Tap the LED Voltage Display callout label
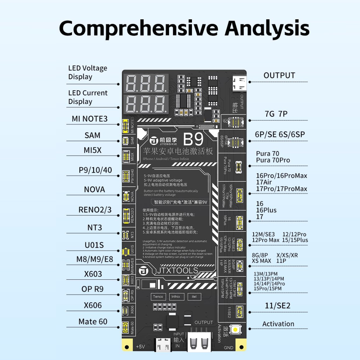click(88, 72)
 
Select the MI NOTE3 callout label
click(90, 119)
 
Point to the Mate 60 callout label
click(93, 322)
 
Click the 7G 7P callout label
click(276, 114)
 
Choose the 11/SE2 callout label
click(278, 306)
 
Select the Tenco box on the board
click(158, 296)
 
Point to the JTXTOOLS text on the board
click(177, 270)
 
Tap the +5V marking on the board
click(140, 347)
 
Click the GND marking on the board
click(228, 348)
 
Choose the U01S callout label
click(94, 245)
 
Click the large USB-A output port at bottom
click(199, 341)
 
